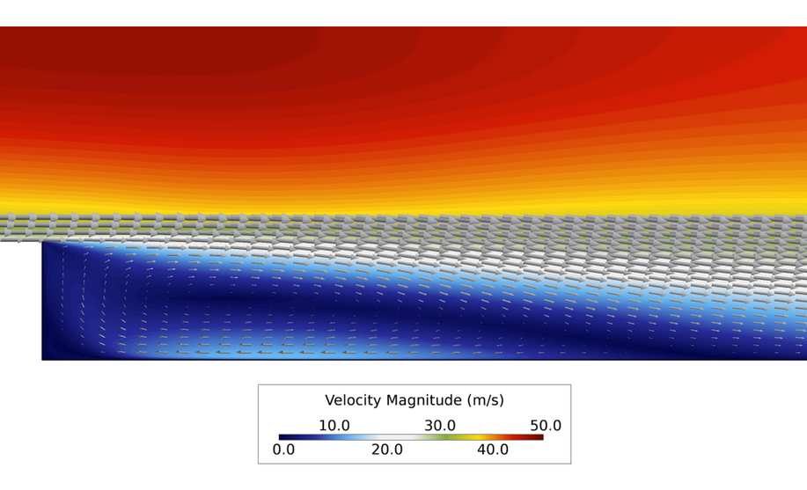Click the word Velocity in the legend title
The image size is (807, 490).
click(353, 401)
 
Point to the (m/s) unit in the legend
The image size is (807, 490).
click(483, 401)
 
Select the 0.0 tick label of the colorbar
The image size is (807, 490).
click(283, 450)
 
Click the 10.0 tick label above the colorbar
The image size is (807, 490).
click(334, 426)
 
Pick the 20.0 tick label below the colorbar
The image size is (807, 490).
click(386, 450)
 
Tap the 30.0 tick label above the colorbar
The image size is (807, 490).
click(440, 426)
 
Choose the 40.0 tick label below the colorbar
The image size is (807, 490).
click(493, 450)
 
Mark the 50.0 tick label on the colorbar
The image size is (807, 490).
click(545, 426)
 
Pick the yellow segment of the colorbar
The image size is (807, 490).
click(475, 437)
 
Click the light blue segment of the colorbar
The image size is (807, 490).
click(348, 437)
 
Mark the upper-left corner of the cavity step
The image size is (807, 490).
click(42, 242)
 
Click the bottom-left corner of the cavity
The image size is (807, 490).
click(42, 359)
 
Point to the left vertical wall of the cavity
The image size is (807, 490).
click(42, 299)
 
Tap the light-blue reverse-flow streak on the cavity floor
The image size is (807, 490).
click(264, 352)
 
